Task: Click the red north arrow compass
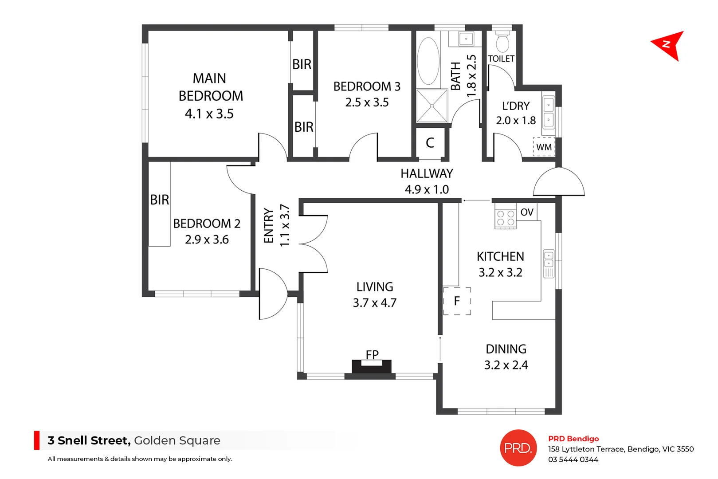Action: coord(669,45)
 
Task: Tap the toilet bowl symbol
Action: coord(502,43)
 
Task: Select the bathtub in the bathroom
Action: coord(428,61)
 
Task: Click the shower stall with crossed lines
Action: coord(432,106)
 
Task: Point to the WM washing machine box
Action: coord(544,147)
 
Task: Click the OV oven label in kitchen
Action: coord(527,212)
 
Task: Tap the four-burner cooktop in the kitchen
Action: coord(506,218)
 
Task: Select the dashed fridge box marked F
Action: coord(457,301)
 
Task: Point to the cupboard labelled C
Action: coord(430,143)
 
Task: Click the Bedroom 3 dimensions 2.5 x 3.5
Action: coord(367,102)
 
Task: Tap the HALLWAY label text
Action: coord(427,173)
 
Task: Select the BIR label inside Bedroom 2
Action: coord(159,200)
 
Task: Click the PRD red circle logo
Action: coord(518,448)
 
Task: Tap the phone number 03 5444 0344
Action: coord(573,459)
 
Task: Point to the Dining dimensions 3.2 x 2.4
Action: coord(506,365)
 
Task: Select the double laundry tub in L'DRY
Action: coord(549,113)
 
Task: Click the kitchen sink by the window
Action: coord(549,263)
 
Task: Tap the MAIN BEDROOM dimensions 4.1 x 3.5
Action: coord(209,114)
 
